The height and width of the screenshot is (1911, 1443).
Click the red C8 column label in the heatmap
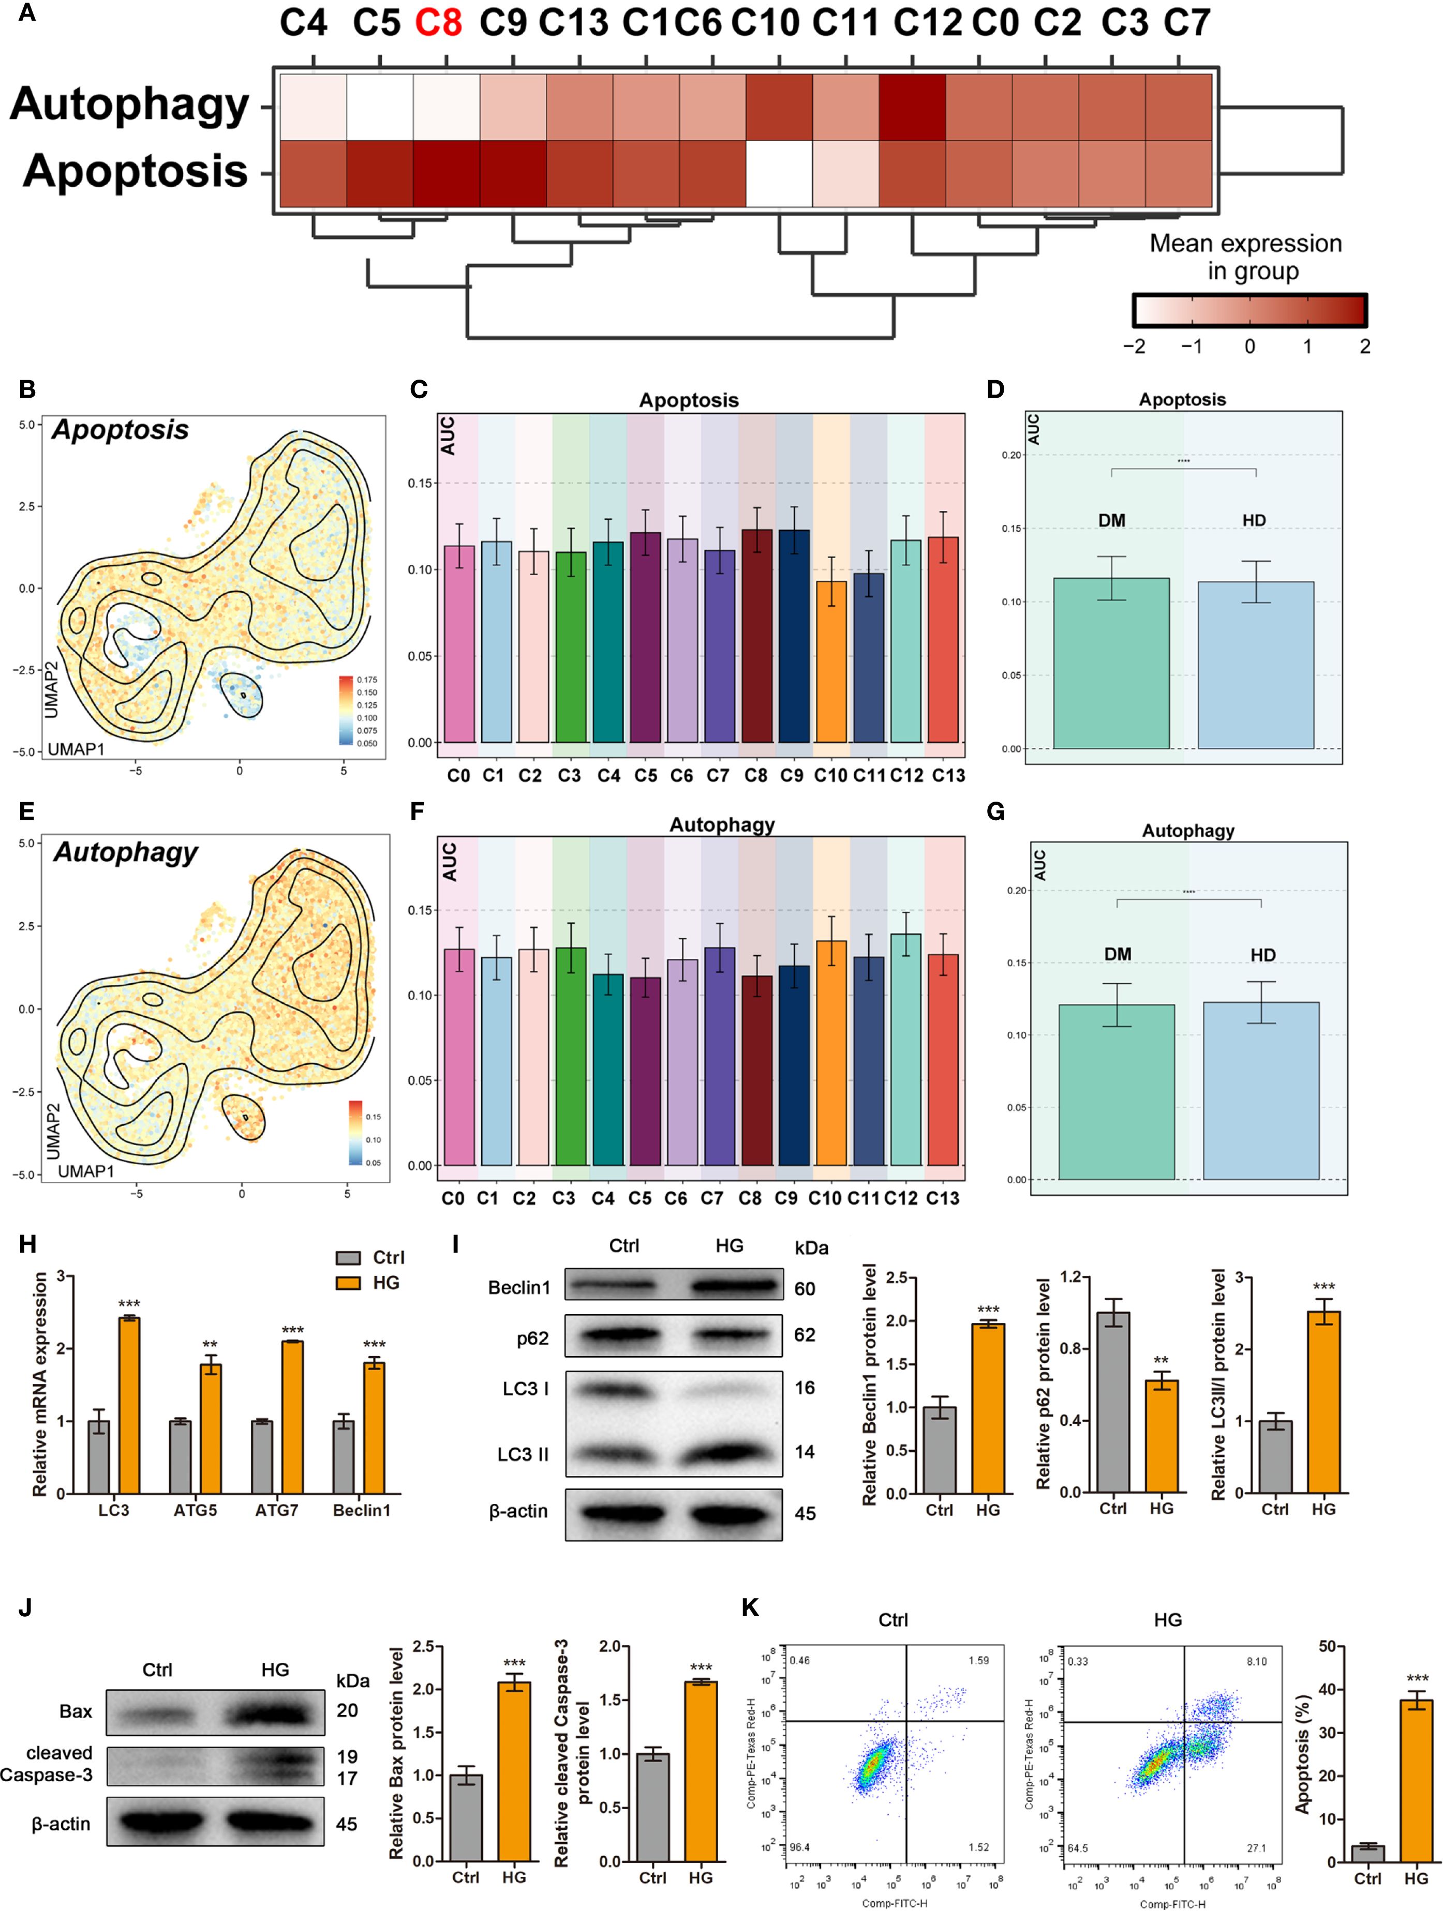click(438, 22)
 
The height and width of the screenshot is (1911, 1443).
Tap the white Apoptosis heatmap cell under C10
click(779, 174)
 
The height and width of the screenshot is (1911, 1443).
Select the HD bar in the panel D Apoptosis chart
click(1256, 665)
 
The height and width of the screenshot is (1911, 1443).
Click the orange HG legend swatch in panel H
click(347, 1283)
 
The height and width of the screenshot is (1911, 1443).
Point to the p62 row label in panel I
click(532, 1338)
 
